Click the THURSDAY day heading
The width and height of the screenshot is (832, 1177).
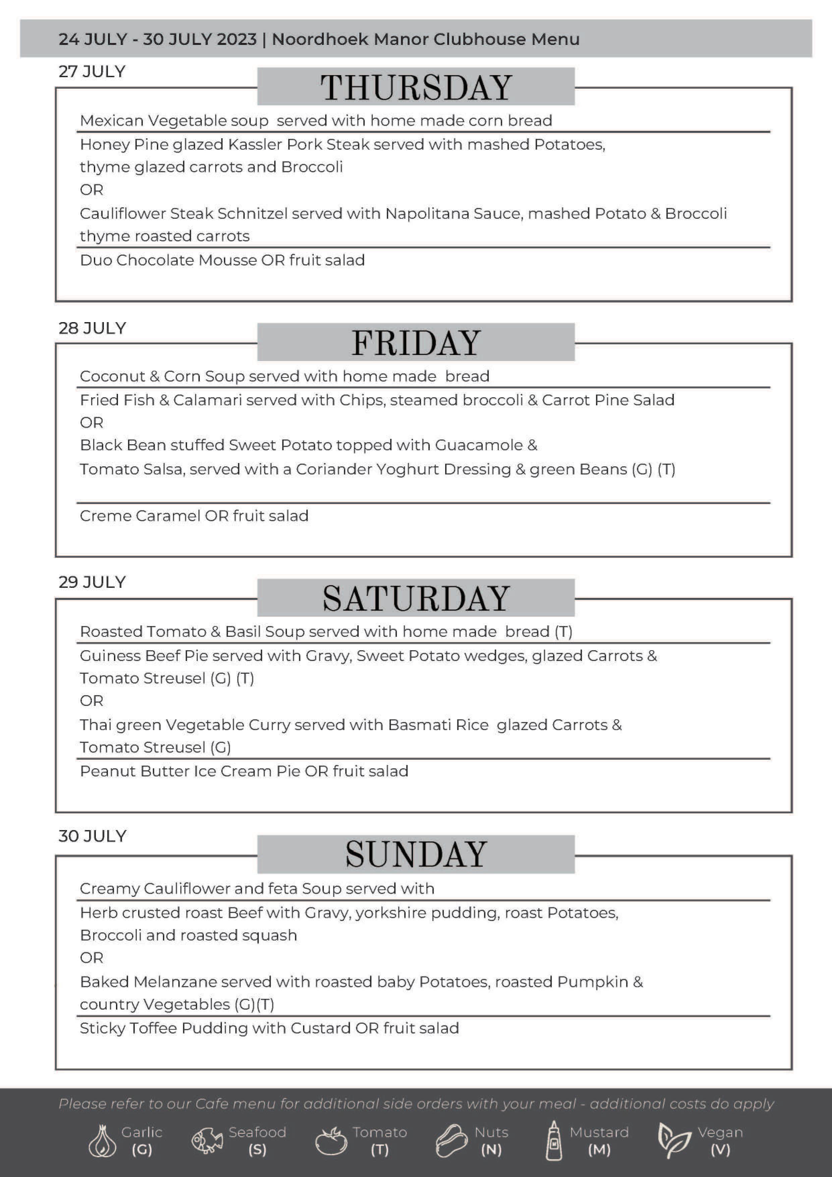tap(415, 87)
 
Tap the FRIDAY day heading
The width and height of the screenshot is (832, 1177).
tap(415, 343)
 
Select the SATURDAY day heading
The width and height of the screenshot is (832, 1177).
tap(415, 598)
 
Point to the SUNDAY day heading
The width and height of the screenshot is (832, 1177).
tap(415, 854)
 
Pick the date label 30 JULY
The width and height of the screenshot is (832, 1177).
tap(92, 836)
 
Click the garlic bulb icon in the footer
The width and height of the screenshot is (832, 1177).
tap(103, 1141)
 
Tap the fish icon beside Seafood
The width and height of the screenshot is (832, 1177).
tap(207, 1141)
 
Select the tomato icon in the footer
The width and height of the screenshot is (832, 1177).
tap(330, 1141)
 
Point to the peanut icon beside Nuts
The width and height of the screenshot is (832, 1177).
tap(451, 1141)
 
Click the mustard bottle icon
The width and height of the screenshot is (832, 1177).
tap(553, 1141)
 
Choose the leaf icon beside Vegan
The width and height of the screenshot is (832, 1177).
tap(674, 1141)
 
